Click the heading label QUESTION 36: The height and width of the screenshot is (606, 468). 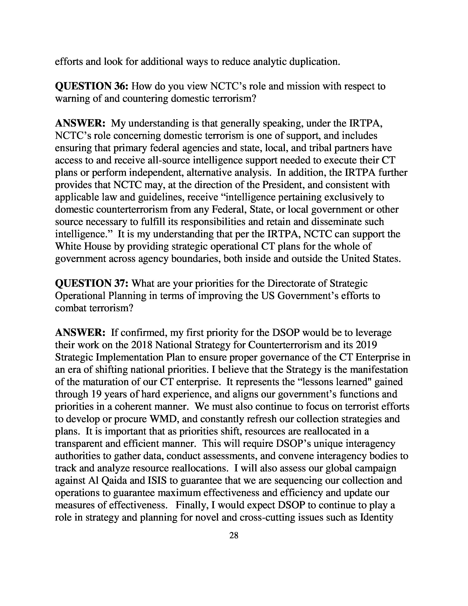(x=92, y=86)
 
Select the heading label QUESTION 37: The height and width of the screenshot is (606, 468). (x=92, y=283)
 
